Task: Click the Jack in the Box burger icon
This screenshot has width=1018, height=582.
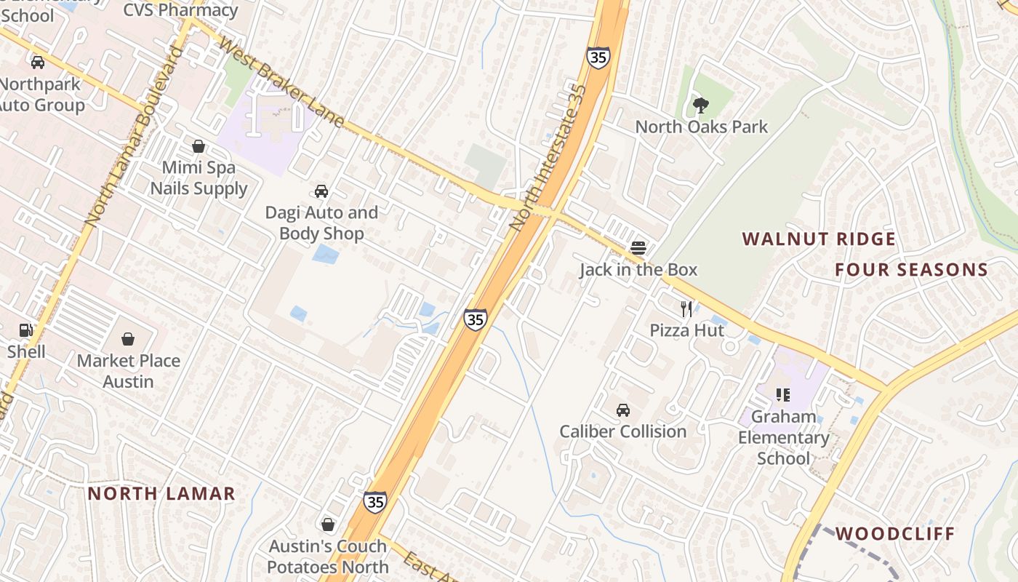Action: click(638, 248)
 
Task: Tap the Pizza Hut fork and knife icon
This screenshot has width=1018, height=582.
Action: click(686, 308)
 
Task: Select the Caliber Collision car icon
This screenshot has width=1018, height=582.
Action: click(623, 410)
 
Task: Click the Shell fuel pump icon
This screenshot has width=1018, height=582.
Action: click(26, 330)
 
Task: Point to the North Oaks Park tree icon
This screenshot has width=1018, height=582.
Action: click(701, 105)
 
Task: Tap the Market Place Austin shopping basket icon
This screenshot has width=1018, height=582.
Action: click(128, 339)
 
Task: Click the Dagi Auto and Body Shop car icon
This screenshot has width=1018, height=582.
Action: click(321, 191)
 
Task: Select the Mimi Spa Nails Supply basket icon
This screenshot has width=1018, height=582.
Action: click(199, 146)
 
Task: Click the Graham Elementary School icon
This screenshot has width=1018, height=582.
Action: click(783, 395)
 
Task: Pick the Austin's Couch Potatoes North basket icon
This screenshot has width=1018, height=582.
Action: click(328, 525)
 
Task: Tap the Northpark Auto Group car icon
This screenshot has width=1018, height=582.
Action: click(38, 63)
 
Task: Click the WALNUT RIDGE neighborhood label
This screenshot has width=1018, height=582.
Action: click(819, 239)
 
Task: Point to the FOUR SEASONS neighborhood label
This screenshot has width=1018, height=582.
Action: click(911, 270)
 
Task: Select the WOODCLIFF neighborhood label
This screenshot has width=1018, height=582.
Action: click(894, 533)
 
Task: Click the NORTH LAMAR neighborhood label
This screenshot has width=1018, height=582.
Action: click(161, 493)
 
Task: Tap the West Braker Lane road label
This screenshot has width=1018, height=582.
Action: click(281, 84)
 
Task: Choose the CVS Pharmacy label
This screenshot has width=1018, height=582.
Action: click(180, 10)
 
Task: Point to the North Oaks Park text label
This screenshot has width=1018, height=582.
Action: click(702, 127)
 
